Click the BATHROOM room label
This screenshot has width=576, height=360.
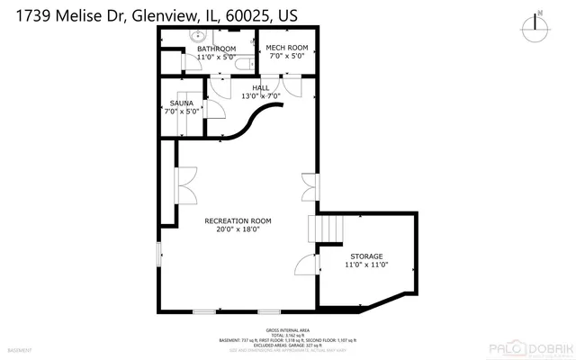pyautogui.click(x=216, y=49)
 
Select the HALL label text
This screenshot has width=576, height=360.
pyautogui.click(x=261, y=87)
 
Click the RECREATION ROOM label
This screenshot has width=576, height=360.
pyautogui.click(x=238, y=220)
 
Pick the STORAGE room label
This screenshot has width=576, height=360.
pyautogui.click(x=366, y=256)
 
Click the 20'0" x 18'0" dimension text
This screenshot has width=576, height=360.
pyautogui.click(x=238, y=229)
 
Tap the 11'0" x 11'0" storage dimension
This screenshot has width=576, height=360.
pyautogui.click(x=366, y=265)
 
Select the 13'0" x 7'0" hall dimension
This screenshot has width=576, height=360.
pyautogui.click(x=261, y=95)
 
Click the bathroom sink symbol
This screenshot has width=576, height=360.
pyautogui.click(x=198, y=37)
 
